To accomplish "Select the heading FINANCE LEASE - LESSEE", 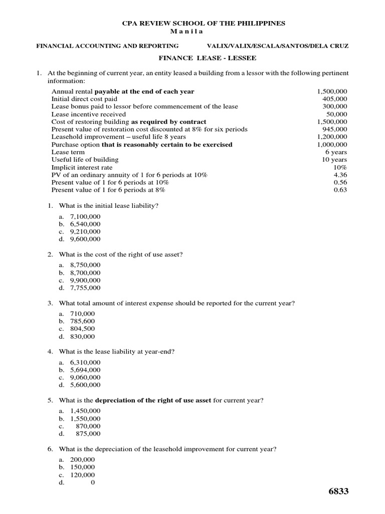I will click(208, 58).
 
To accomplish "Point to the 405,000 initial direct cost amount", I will click(334, 99).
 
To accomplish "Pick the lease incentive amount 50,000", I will click(338, 114).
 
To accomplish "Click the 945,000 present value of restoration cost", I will click(334, 129).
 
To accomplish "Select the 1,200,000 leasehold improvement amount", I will click(332, 137).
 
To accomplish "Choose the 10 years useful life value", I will click(334, 160).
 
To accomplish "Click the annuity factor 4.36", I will click(340, 175).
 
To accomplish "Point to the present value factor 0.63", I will click(340, 190).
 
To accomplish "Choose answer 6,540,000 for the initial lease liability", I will click(85, 224).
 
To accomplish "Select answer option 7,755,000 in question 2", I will click(85, 288).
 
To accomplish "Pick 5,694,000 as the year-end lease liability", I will click(85, 370).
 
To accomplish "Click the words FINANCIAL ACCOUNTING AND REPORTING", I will click(108, 46).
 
